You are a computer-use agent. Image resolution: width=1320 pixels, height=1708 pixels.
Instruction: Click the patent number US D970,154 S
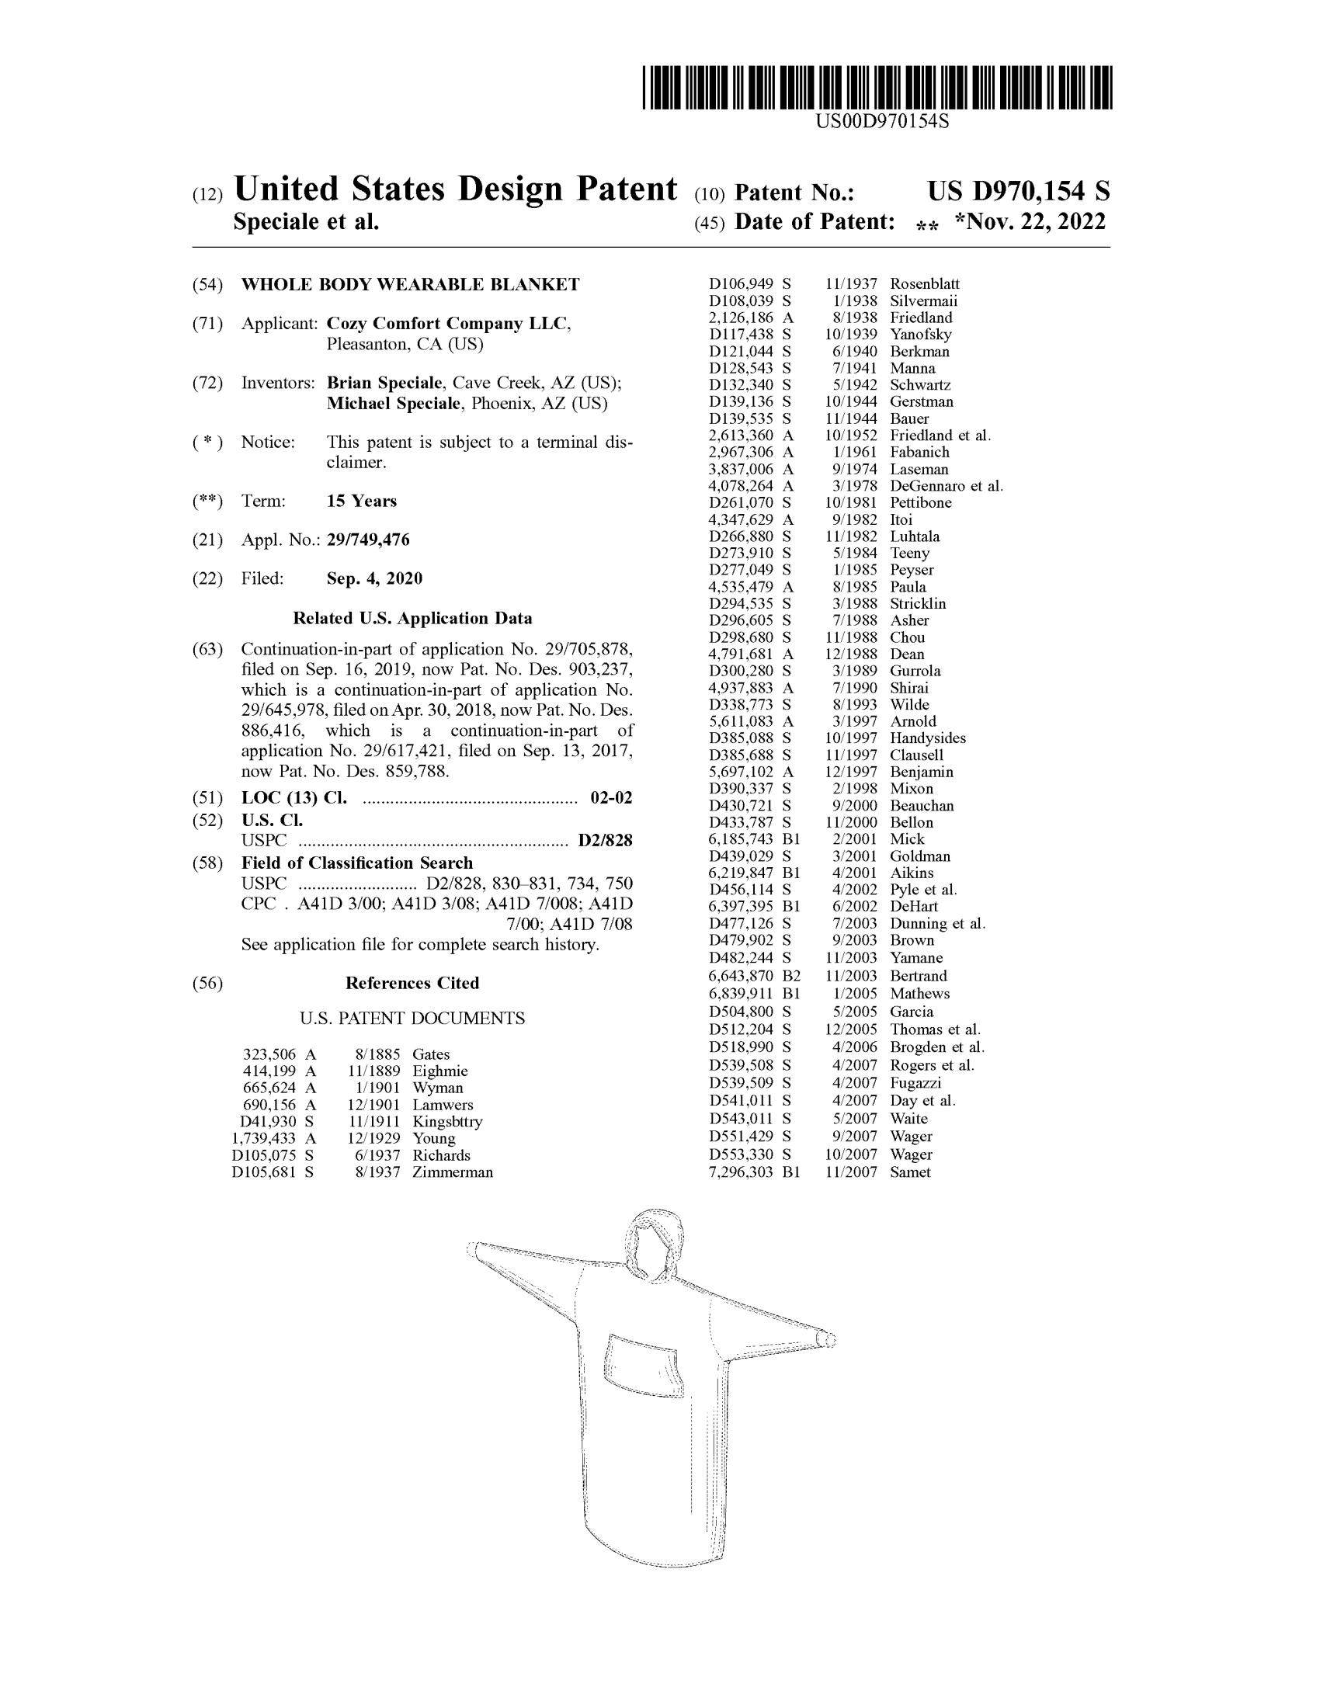(1017, 192)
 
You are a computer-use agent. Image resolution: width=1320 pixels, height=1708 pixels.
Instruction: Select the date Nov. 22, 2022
(1030, 222)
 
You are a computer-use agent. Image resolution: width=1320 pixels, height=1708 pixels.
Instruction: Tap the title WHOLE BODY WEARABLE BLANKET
(410, 285)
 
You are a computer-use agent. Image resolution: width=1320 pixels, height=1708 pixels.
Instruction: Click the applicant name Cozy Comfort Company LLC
(448, 324)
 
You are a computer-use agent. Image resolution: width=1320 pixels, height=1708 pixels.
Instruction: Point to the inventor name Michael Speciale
(395, 404)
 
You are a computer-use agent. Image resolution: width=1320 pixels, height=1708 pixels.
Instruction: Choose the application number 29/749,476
(367, 540)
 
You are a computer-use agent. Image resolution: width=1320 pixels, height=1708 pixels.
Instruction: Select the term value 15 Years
(361, 502)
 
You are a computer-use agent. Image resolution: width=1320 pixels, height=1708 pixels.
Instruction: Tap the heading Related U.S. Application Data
(412, 619)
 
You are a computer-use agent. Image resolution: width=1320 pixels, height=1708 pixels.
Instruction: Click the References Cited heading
(412, 983)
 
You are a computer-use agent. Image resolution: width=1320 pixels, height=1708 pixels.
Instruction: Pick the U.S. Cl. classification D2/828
(604, 841)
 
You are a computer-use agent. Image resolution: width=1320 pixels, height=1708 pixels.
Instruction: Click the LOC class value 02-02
(611, 798)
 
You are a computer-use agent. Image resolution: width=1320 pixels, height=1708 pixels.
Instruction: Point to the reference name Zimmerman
(453, 1172)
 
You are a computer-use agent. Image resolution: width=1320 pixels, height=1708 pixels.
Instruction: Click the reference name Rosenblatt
(924, 284)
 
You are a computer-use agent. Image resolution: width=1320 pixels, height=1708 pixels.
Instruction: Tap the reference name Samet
(910, 1172)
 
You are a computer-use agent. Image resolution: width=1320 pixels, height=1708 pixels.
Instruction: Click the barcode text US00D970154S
(881, 121)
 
